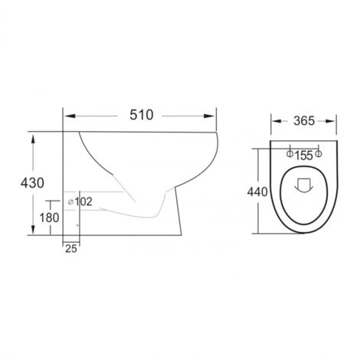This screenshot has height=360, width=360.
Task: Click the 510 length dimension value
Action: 142,115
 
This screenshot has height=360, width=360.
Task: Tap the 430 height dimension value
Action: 32,183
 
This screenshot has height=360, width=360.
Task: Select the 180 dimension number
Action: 49,218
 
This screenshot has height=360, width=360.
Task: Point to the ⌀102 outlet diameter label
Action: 80,201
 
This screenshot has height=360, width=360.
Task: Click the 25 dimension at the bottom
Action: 71,249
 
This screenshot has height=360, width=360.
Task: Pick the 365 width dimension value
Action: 304,121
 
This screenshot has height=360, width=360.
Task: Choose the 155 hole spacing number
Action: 304,155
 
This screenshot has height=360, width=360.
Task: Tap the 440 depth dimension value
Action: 257,192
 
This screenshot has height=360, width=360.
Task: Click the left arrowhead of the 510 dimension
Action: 70,116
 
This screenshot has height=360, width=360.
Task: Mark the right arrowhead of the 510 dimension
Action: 209,116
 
